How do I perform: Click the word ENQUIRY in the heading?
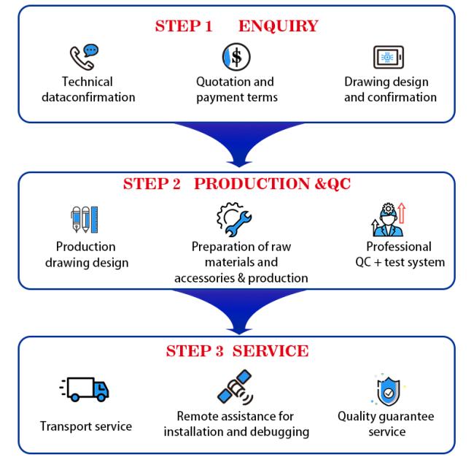point(278,27)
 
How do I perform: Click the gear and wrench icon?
point(235,217)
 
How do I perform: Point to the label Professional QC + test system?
point(398,254)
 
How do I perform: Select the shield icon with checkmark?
point(385,391)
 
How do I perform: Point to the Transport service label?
point(85,426)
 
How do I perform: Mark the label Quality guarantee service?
point(385,424)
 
